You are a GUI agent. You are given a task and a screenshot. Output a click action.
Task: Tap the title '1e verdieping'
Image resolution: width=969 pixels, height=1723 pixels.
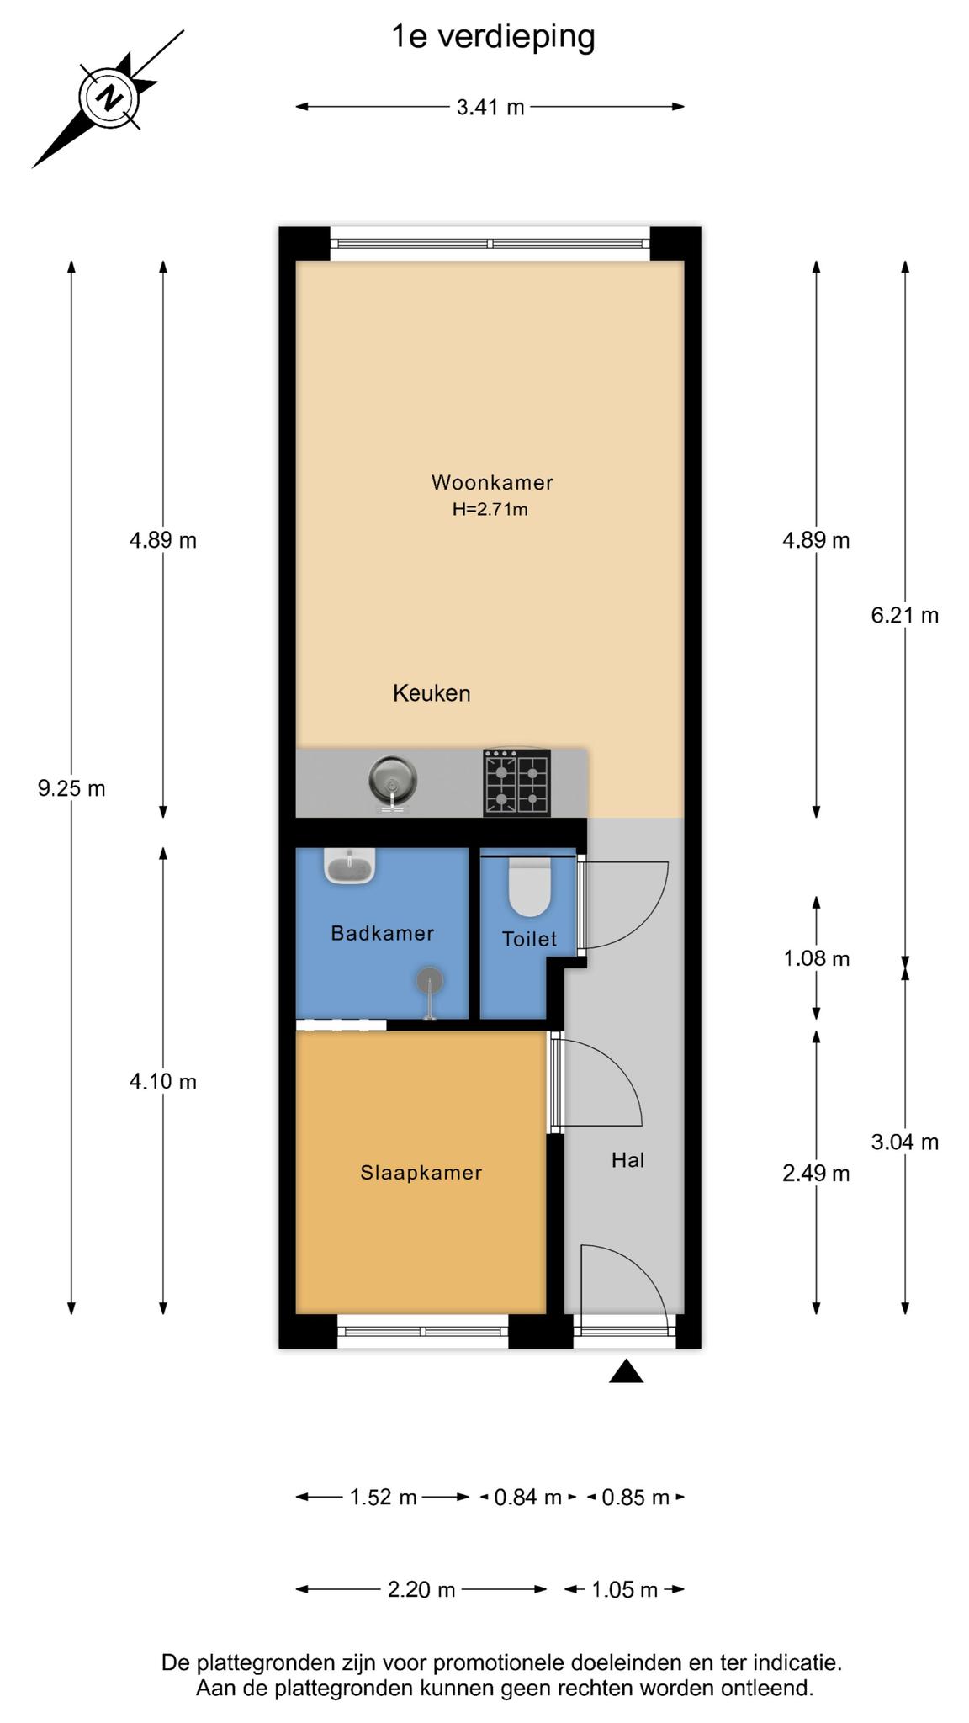click(x=493, y=37)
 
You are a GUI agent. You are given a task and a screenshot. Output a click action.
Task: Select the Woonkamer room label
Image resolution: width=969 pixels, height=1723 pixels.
click(x=492, y=482)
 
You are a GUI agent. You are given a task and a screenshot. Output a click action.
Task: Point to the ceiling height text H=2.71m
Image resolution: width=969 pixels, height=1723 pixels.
click(x=490, y=509)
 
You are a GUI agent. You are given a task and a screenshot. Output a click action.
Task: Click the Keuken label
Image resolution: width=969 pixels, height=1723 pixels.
click(x=432, y=693)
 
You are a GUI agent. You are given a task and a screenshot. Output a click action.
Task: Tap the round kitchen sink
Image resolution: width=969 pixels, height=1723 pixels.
click(x=393, y=781)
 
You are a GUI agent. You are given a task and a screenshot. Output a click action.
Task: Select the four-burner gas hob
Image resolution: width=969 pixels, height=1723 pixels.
click(x=516, y=782)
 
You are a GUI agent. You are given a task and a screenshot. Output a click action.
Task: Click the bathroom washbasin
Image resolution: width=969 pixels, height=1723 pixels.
click(x=349, y=866)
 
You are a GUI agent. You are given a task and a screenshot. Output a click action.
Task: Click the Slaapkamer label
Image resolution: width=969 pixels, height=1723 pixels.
click(x=421, y=1172)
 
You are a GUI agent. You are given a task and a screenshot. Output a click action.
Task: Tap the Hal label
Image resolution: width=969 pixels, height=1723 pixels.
click(x=627, y=1160)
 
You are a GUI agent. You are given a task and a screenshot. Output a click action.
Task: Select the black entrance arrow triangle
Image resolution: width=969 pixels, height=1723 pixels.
click(x=627, y=1371)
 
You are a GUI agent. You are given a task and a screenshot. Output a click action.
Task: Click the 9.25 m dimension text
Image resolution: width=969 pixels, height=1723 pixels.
click(x=71, y=788)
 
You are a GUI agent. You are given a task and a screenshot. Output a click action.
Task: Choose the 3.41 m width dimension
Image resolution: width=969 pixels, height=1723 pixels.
click(x=490, y=108)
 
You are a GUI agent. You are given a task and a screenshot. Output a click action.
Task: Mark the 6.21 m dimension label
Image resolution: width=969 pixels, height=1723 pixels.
click(x=905, y=616)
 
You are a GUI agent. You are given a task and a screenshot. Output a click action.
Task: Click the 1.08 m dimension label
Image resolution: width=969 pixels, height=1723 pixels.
click(x=817, y=958)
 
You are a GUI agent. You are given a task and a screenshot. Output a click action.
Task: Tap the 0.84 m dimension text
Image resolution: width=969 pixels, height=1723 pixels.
click(x=527, y=1498)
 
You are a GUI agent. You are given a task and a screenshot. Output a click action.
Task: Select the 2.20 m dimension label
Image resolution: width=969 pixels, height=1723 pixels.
click(x=421, y=1589)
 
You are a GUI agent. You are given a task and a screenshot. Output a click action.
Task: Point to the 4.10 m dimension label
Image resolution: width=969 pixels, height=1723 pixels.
click(x=163, y=1081)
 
